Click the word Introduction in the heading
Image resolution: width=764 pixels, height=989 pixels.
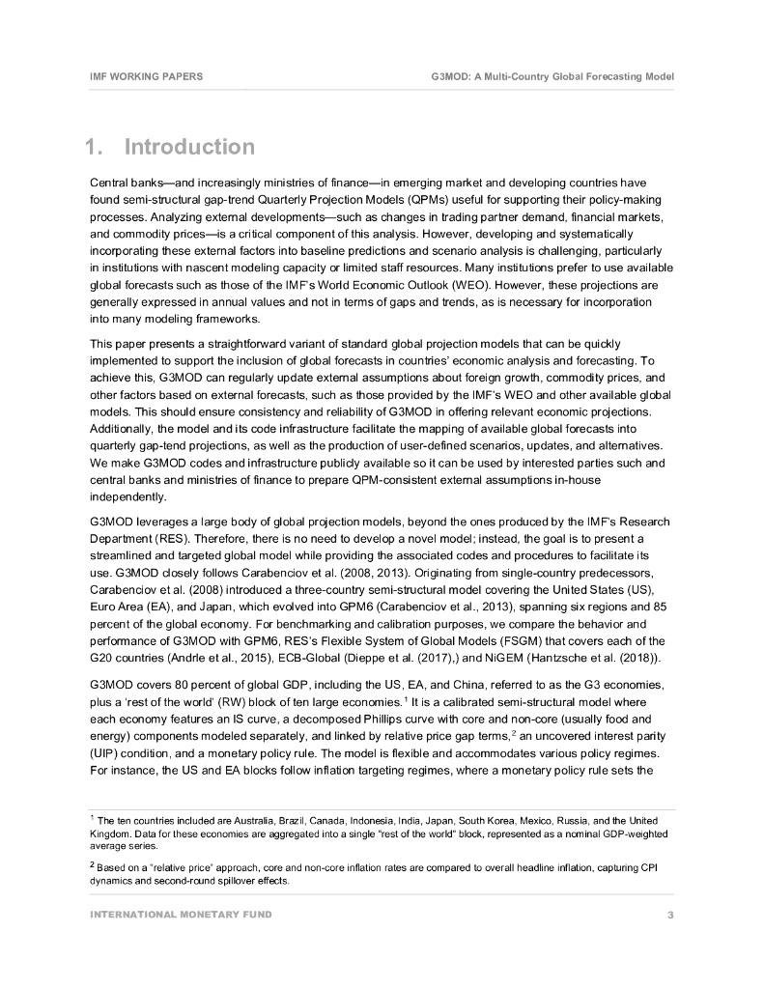(x=189, y=148)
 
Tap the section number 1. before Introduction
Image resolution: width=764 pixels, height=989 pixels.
(x=95, y=148)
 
